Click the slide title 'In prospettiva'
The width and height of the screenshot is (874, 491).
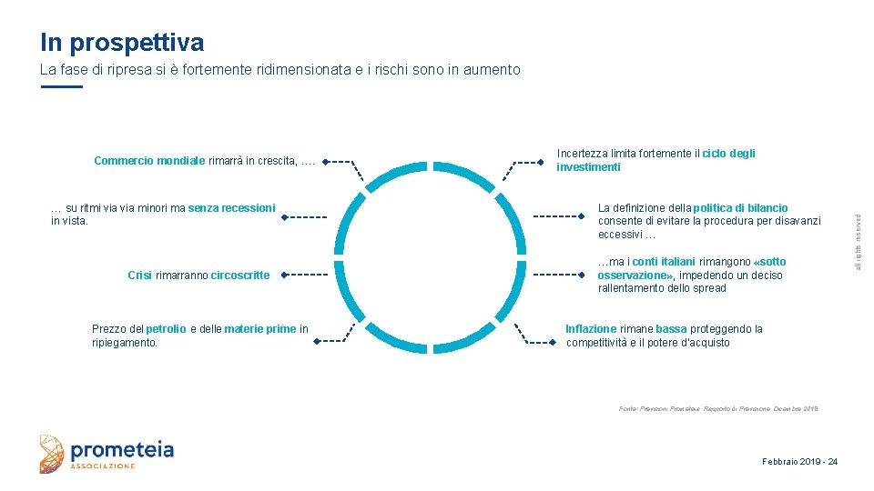(x=122, y=43)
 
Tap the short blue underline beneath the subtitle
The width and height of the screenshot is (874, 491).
(x=62, y=86)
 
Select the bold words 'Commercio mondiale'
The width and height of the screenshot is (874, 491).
(x=149, y=162)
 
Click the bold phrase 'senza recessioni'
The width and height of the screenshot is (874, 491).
(x=231, y=208)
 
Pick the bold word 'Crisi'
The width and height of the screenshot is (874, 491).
(x=139, y=275)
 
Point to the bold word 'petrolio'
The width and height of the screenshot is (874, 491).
(x=166, y=329)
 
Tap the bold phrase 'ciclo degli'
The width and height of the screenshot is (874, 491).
(x=727, y=154)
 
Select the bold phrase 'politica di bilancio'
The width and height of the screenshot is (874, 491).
(x=740, y=208)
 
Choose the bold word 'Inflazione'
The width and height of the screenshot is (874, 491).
(x=591, y=329)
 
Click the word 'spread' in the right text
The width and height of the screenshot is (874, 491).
(x=709, y=288)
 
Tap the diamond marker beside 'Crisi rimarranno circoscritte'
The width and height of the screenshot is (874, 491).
(x=283, y=274)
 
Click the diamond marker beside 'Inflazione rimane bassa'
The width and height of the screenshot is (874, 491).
(x=553, y=343)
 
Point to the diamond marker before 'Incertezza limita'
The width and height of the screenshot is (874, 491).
(x=542, y=164)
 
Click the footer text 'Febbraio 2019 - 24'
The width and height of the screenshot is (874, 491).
(x=799, y=462)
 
